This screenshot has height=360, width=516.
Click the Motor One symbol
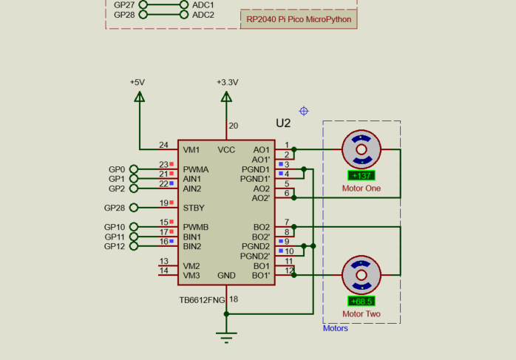tap(361, 150)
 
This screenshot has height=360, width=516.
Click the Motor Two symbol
tap(361, 276)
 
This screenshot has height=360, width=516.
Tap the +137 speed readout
tap(361, 176)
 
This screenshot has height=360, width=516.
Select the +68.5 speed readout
tap(361, 302)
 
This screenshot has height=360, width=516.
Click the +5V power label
tap(138, 83)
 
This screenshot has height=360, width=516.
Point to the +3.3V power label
tap(227, 83)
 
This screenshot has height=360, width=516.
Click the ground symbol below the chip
tap(227, 338)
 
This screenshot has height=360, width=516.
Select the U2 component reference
tap(283, 123)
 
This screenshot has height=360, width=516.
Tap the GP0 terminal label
tap(117, 169)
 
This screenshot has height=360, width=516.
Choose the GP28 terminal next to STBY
tap(115, 208)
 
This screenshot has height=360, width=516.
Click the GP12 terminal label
tap(115, 246)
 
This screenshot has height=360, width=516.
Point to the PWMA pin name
tap(196, 169)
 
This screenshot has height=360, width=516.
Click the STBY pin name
tap(194, 208)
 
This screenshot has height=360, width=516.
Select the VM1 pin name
tap(191, 149)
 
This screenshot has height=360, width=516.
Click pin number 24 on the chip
tap(163, 145)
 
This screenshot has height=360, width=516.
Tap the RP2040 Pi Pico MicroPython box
tap(299, 19)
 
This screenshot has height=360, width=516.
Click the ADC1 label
tap(203, 4)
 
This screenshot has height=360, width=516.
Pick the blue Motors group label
tap(336, 328)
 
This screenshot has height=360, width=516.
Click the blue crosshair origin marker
tap(303, 111)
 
